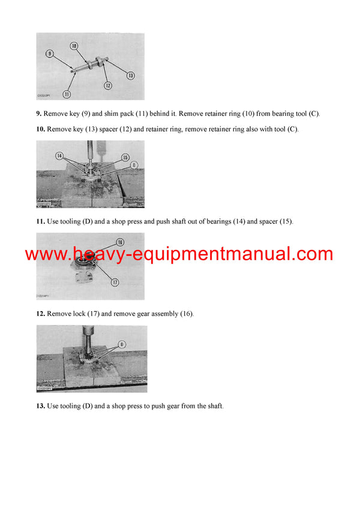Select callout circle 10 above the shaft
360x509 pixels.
tap(74, 46)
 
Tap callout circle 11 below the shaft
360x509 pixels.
tap(66, 94)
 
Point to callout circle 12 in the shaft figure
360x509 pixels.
tap(108, 86)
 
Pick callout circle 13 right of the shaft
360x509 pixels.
tap(130, 75)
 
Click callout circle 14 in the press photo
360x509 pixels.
tap(59, 155)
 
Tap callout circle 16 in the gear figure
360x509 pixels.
tap(119, 242)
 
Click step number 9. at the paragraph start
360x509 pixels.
tap(39, 114)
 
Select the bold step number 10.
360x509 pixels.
tap(40, 129)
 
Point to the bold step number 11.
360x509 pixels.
tap(40, 222)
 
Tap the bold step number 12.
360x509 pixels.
tap(40, 314)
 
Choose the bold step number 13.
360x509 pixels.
tap(40, 406)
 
